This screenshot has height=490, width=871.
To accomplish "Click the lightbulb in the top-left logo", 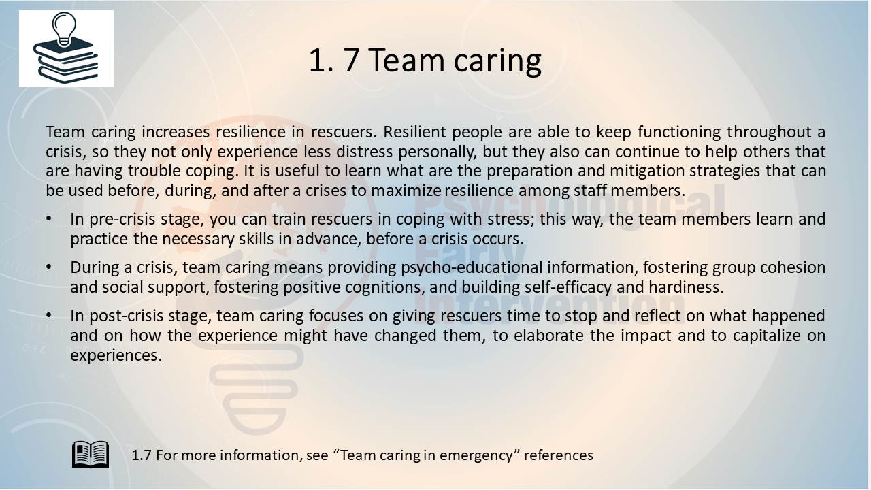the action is (x=64, y=28).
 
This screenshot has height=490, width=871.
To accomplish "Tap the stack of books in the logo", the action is (x=66, y=61).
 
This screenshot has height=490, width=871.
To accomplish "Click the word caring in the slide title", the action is (x=497, y=62).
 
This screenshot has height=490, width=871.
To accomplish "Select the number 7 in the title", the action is (x=351, y=60).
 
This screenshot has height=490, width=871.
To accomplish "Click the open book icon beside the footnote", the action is (x=91, y=454).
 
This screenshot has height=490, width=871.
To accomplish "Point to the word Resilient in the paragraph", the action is (x=414, y=132).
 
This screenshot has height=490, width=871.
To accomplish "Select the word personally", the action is (x=437, y=152).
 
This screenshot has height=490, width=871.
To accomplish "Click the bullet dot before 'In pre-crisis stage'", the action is (x=48, y=219).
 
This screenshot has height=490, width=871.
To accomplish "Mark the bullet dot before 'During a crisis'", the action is (x=48, y=267).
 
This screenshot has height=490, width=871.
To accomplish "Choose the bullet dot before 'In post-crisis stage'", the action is (x=48, y=315).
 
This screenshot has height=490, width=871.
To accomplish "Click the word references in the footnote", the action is (x=559, y=455).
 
